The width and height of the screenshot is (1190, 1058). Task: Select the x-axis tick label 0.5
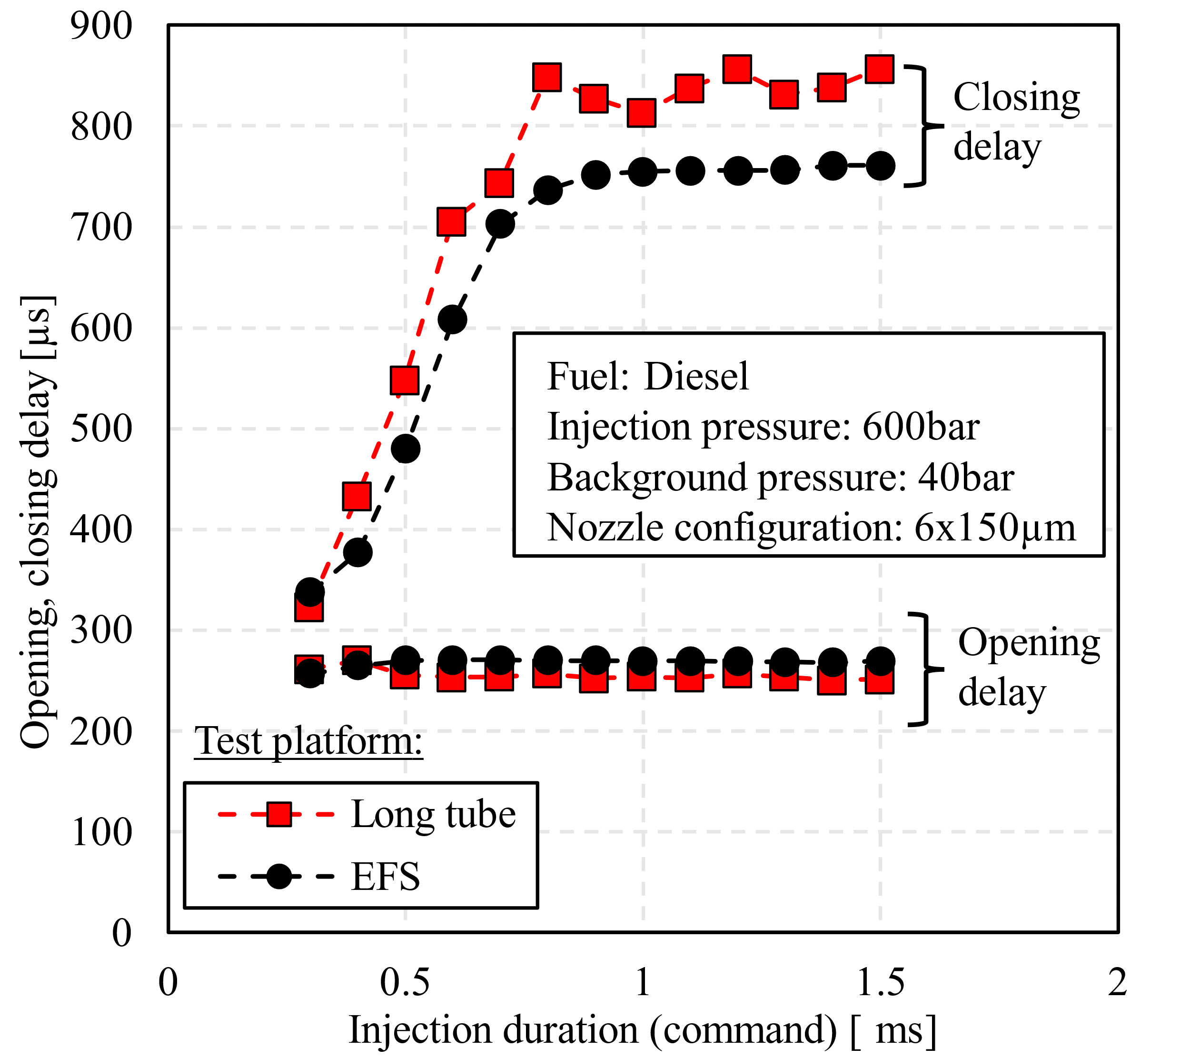click(x=405, y=982)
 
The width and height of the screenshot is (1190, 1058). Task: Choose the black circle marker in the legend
click(x=279, y=876)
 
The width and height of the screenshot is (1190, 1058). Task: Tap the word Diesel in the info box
click(x=696, y=377)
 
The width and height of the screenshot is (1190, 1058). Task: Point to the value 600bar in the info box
click(x=921, y=427)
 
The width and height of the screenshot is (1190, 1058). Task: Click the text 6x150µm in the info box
click(x=995, y=528)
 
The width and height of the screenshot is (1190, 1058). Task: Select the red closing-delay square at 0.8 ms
click(x=546, y=77)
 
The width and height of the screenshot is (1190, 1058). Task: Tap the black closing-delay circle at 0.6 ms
click(x=452, y=319)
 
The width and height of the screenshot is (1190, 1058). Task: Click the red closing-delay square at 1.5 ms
click(x=880, y=70)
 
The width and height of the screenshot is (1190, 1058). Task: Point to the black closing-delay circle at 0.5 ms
click(x=406, y=449)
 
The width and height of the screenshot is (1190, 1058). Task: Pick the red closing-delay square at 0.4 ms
click(x=357, y=496)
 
